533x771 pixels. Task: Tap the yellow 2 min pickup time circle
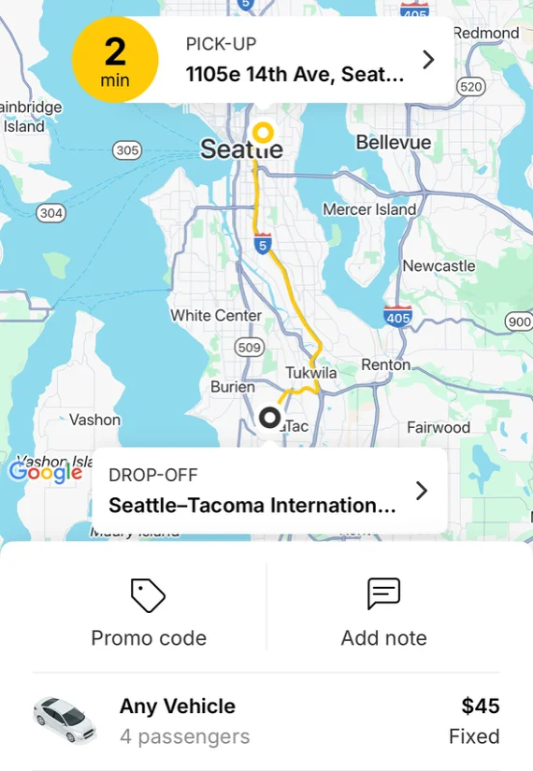[115, 60]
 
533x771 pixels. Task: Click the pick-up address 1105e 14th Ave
[295, 74]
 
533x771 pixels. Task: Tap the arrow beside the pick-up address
[428, 60]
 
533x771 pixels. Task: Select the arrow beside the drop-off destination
[422, 491]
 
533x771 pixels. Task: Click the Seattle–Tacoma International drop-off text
[252, 506]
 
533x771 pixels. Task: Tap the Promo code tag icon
[148, 595]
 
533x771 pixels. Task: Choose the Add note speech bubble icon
[383, 593]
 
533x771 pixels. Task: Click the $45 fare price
[481, 706]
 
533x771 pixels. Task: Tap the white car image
[65, 720]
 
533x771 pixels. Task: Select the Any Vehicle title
[177, 707]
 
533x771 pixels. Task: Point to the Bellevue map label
[394, 142]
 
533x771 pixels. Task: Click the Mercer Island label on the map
[369, 209]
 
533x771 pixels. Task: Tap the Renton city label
[385, 364]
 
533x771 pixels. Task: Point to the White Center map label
[215, 315]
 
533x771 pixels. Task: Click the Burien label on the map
[232, 387]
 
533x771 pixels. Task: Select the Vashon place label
[94, 420]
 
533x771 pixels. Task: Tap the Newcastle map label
[439, 266]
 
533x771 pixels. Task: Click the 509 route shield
[249, 349]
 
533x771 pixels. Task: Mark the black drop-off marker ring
[270, 417]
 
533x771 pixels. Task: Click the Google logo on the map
[46, 472]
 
